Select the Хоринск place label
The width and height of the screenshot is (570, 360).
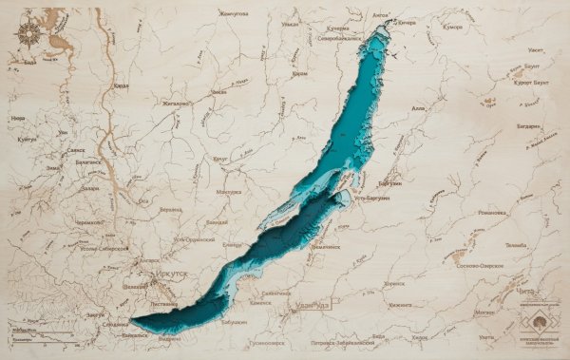[391, 283]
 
